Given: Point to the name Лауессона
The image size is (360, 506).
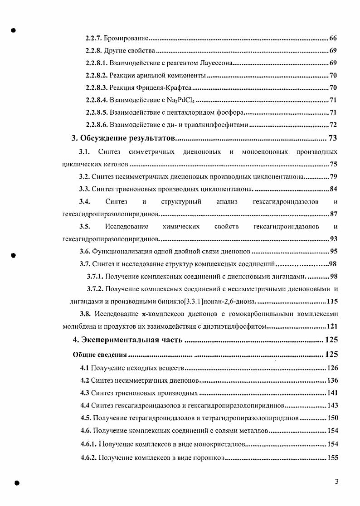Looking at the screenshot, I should [x=216, y=63].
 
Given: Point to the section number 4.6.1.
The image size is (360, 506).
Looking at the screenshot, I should [x=88, y=444].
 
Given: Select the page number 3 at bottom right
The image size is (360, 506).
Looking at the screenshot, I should [x=336, y=482].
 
